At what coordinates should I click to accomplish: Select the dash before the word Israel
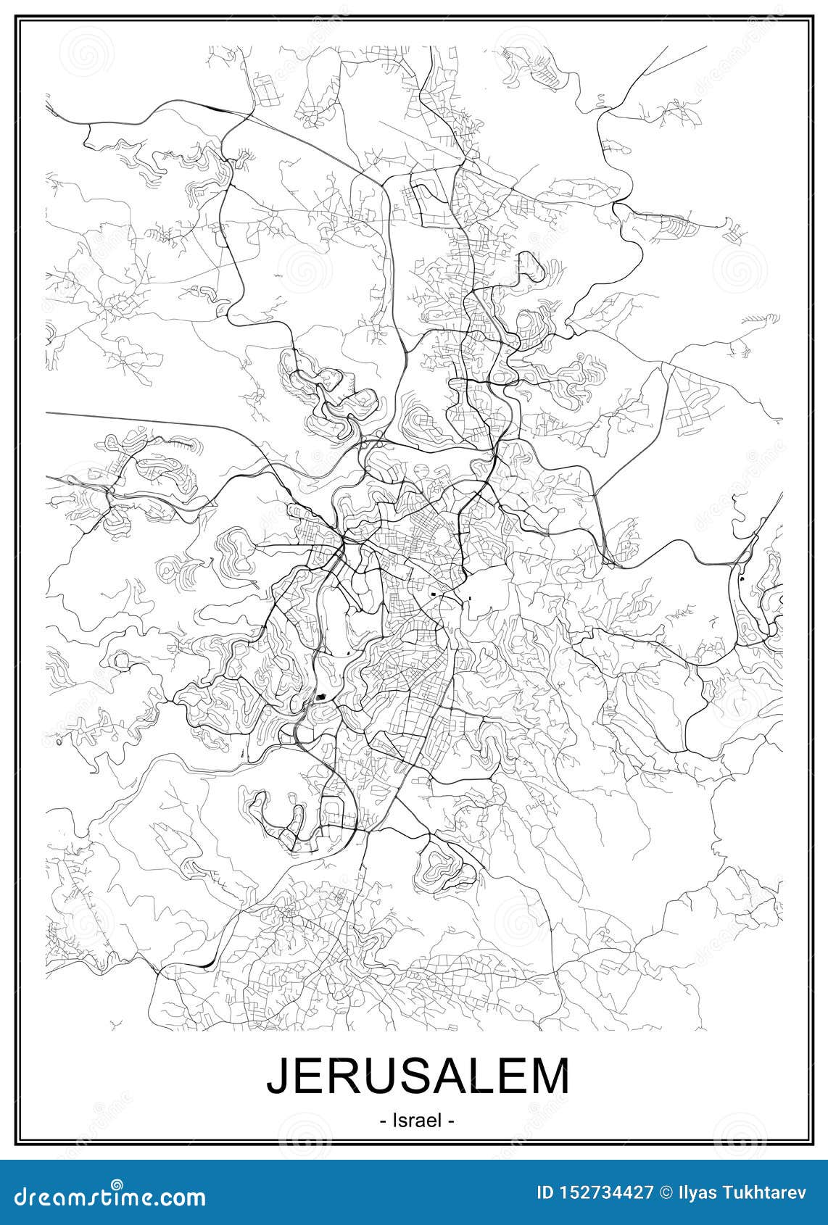coord(382,1121)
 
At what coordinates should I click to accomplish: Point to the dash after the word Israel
coord(450,1121)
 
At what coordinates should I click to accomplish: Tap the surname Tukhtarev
coord(768,1192)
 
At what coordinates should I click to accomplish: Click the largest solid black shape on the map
coord(322,699)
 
